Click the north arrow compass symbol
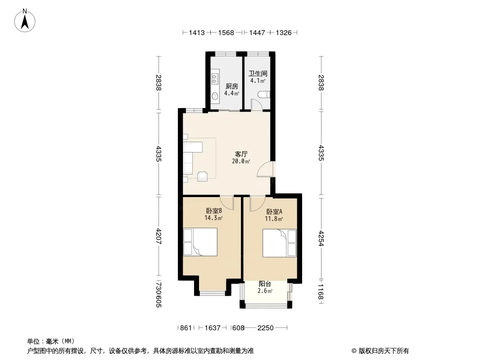pyautogui.click(x=25, y=20)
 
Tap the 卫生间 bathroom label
pyautogui.click(x=258, y=73)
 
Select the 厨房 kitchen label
pyautogui.click(x=232, y=86)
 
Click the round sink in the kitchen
pyautogui.click(x=215, y=96)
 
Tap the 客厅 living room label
pyautogui.click(x=241, y=154)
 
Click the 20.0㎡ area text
pyautogui.click(x=241, y=161)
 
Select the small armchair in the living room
pyautogui.click(x=202, y=176)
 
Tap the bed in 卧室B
pyautogui.click(x=200, y=242)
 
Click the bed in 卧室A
pyautogui.click(x=280, y=243)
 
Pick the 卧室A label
pyautogui.click(x=274, y=211)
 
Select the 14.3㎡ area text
pyautogui.click(x=213, y=218)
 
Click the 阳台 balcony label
pyautogui.click(x=265, y=284)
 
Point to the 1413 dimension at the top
pyautogui.click(x=196, y=32)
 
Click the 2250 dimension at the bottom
pyautogui.click(x=265, y=328)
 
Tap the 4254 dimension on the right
pyautogui.click(x=321, y=238)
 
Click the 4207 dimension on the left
pyautogui.click(x=158, y=236)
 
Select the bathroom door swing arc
pyautogui.click(x=256, y=104)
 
